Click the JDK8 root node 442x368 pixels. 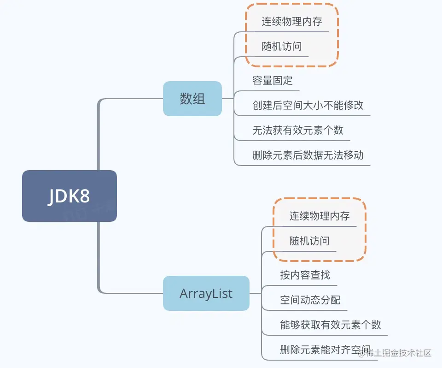pyautogui.click(x=69, y=196)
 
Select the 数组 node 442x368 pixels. pyautogui.click(x=192, y=99)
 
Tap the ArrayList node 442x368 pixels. pyautogui.click(x=206, y=293)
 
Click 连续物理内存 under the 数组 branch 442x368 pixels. pyautogui.click(x=292, y=22)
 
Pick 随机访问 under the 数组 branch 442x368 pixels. pyautogui.click(x=282, y=47)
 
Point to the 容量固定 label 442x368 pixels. pyautogui.click(x=273, y=80)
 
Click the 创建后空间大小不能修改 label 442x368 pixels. pyautogui.click(x=308, y=105)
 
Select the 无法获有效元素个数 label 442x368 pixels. pyautogui.click(x=298, y=130)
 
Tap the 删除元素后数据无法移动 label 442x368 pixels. pyautogui.click(x=308, y=155)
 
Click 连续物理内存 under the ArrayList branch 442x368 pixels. pyautogui.click(x=320, y=216)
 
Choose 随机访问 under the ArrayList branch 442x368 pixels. pyautogui.click(x=309, y=241)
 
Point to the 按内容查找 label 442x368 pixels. pyautogui.click(x=305, y=275)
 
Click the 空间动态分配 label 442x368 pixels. pyautogui.click(x=310, y=300)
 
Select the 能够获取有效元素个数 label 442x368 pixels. pyautogui.click(x=331, y=325)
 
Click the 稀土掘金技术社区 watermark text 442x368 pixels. pyautogui.click(x=399, y=353)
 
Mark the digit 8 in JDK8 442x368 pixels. pyautogui.click(x=83, y=196)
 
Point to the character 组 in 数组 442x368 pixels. pyautogui.click(x=199, y=99)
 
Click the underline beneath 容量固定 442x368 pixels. pyautogui.click(x=273, y=90)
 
